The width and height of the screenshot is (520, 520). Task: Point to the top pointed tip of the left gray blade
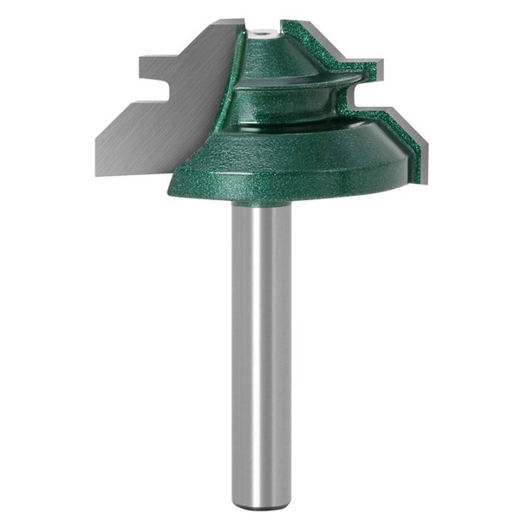point(236,25)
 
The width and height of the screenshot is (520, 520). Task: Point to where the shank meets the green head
point(261,205)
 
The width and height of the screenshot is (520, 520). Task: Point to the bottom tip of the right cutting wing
point(424,181)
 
